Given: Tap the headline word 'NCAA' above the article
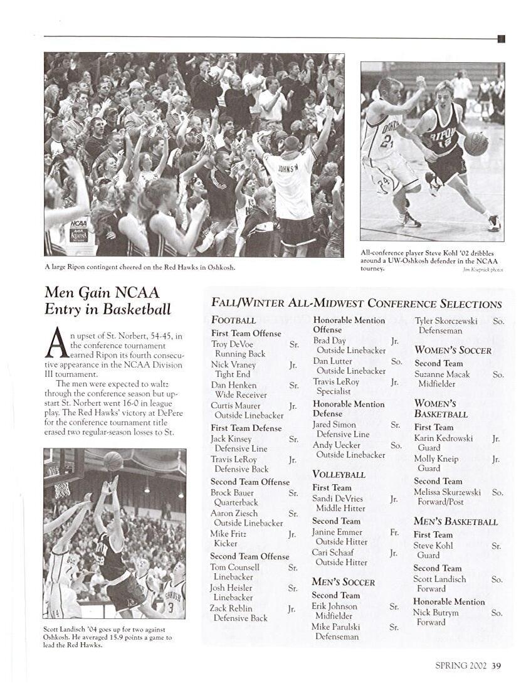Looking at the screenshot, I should (137, 292).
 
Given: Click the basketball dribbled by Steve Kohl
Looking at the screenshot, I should (476, 144).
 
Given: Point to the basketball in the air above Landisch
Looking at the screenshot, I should (113, 461).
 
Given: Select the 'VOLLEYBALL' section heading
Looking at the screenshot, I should (339, 474).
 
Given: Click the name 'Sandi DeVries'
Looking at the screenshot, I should (339, 499).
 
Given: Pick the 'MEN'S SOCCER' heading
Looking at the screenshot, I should (343, 582).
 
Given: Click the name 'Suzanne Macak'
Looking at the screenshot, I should (442, 374).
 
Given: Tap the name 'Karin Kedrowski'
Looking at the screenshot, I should (443, 438).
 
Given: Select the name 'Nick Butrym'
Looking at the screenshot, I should (436, 613).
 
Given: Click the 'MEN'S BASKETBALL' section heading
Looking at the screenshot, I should (455, 522).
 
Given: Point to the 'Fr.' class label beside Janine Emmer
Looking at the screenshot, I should (394, 532).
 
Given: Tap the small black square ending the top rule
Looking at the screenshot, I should (501, 39).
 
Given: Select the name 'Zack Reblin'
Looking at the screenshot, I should (231, 608).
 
